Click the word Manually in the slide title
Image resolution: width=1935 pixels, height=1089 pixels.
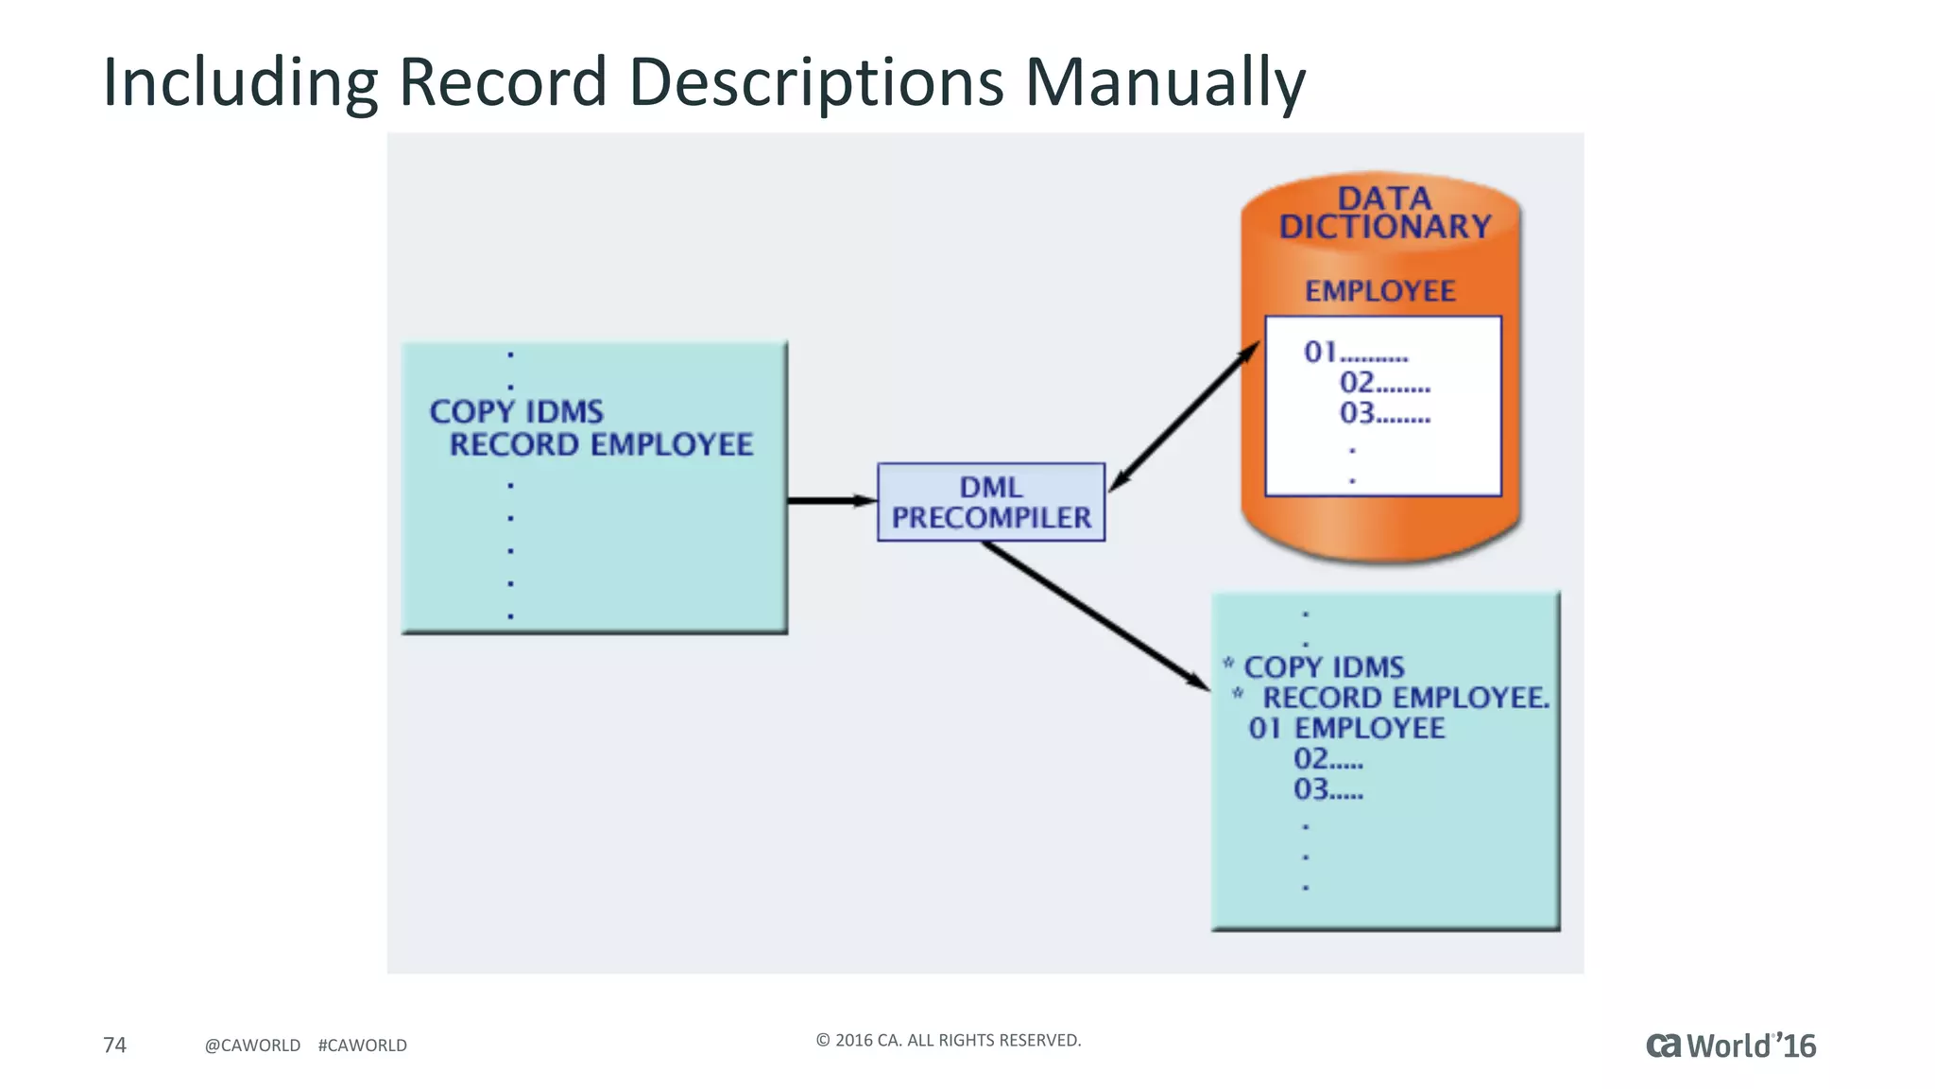(1164, 81)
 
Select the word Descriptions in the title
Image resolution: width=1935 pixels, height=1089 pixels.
(816, 81)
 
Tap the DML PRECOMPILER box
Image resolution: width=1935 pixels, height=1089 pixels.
(990, 502)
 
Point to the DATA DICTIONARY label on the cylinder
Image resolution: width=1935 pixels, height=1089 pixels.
(1384, 213)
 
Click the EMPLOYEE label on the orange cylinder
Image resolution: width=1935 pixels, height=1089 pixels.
(1379, 291)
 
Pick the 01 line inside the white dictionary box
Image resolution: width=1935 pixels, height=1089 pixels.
(1355, 353)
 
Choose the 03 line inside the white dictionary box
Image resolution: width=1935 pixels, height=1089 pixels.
(1384, 413)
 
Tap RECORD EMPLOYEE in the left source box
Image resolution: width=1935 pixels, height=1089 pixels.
(601, 444)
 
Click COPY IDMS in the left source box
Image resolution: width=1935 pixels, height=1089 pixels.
(516, 411)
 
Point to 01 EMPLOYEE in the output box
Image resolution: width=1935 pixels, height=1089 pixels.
(1346, 728)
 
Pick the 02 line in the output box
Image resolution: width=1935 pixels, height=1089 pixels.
(1327, 759)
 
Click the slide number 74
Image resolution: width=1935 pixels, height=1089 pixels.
(114, 1045)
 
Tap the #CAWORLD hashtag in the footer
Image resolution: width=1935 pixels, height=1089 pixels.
(362, 1046)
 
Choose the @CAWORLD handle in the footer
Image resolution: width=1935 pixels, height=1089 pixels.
(252, 1046)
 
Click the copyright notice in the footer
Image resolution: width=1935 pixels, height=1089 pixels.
(948, 1040)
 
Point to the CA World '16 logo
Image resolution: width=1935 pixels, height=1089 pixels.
(1730, 1046)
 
